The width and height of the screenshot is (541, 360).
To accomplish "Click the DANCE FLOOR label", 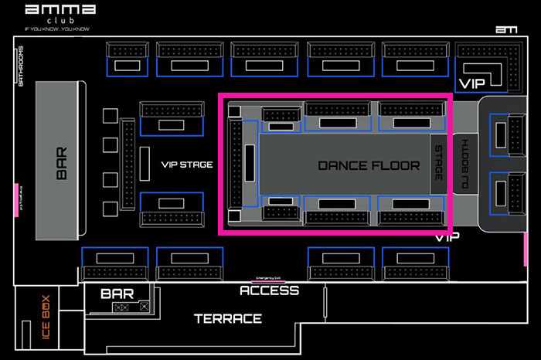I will tap(369, 165).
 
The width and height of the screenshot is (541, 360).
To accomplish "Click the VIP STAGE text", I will tap(186, 165).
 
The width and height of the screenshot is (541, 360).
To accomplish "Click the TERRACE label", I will tap(227, 318).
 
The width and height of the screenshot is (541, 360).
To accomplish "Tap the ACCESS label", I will tap(269, 290).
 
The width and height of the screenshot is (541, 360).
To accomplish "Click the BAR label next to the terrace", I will tap(117, 294).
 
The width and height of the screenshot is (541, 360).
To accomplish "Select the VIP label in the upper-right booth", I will tap(471, 83).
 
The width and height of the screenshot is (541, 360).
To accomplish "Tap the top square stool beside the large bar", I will tap(109, 116).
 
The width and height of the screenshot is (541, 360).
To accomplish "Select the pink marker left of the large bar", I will tap(16, 199).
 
